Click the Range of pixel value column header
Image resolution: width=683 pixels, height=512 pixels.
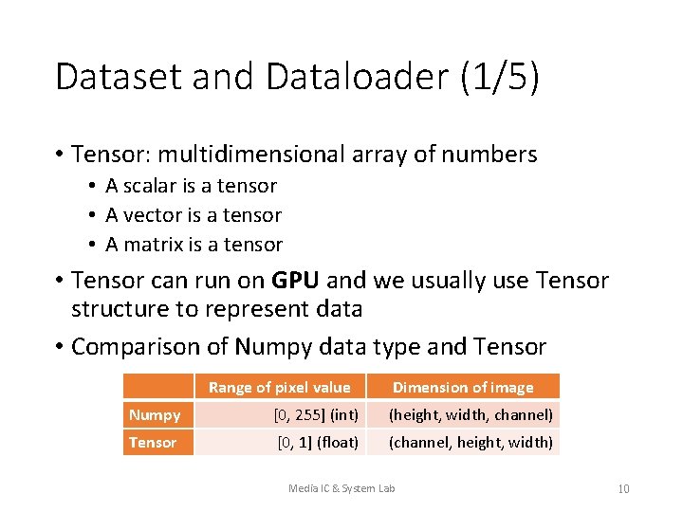279,387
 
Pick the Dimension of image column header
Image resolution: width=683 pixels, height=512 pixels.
463,387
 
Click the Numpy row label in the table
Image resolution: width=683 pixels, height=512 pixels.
155,414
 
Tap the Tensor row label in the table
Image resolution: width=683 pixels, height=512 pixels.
153,442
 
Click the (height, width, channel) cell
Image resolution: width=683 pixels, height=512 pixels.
471,414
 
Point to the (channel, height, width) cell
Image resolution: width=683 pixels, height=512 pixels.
471,442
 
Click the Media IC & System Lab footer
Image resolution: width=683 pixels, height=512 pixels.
341,488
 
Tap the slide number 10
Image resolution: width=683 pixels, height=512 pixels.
623,489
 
